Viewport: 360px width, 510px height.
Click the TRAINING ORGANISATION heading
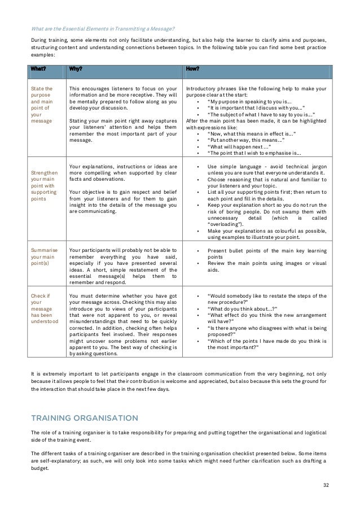[84, 418]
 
